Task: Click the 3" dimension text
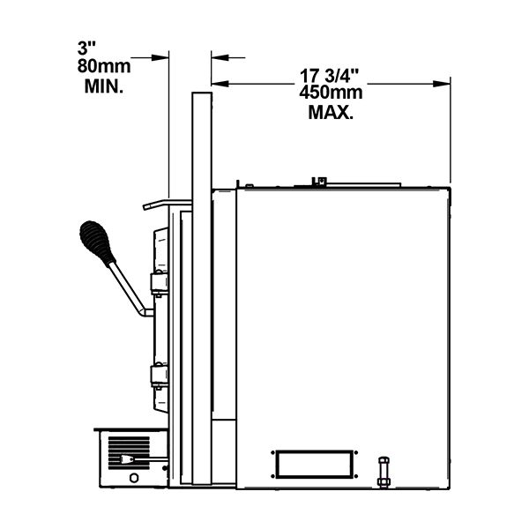point(86,48)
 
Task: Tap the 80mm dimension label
point(104,66)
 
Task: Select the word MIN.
point(103,86)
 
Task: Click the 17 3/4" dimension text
point(330,76)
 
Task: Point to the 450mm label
point(331,93)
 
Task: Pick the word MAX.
point(331,112)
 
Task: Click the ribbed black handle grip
point(97,243)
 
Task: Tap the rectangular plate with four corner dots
point(315,465)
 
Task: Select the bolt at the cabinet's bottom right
point(384,472)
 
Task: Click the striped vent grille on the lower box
point(129,453)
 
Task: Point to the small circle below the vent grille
point(134,478)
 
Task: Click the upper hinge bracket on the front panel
point(160,283)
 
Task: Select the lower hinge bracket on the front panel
point(160,376)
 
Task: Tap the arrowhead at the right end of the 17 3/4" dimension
point(442,84)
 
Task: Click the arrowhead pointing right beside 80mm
point(160,57)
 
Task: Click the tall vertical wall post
point(202,288)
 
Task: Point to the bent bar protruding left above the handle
point(168,205)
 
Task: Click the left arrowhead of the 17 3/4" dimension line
point(220,84)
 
